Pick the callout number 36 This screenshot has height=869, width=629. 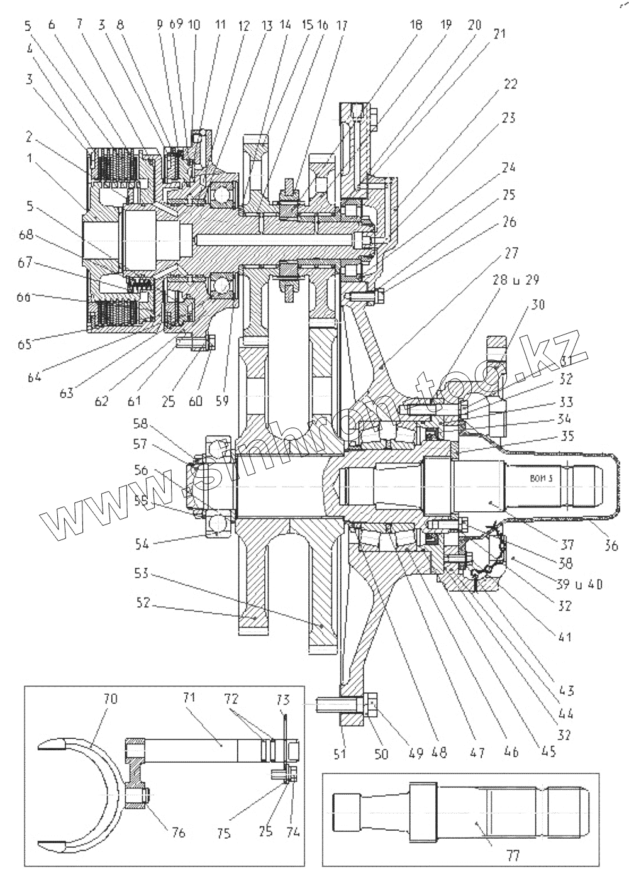(611, 546)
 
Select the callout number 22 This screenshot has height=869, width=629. (509, 84)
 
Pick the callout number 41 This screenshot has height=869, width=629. (564, 637)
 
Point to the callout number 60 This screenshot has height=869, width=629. (196, 400)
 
